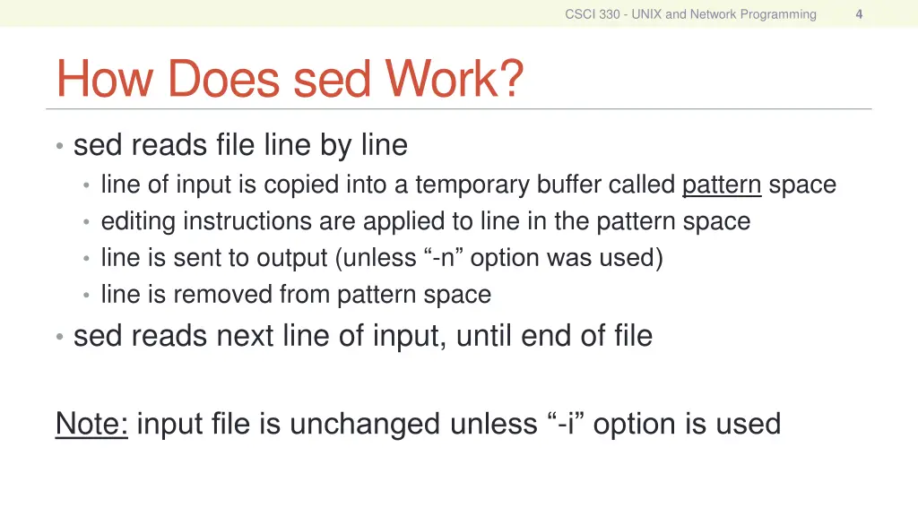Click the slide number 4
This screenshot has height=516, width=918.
859,13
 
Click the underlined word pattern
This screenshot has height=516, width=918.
722,185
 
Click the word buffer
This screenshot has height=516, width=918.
568,185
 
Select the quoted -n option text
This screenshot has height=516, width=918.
443,258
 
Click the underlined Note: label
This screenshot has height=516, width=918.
91,423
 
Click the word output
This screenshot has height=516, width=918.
293,258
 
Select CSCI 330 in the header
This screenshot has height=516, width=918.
591,13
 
